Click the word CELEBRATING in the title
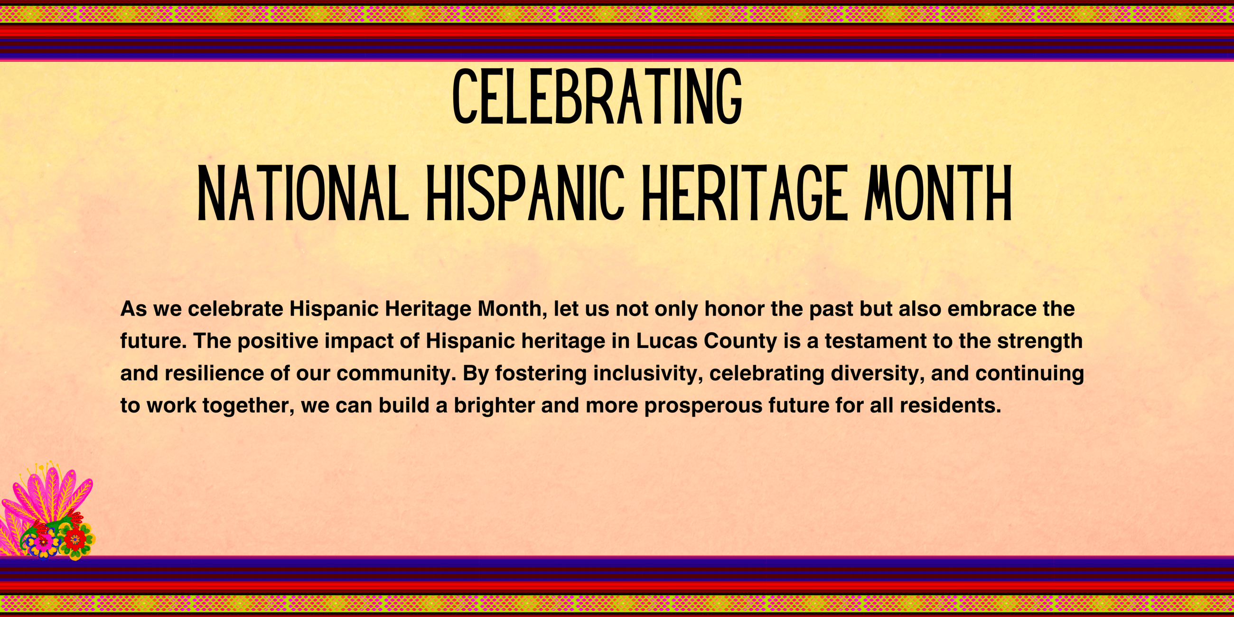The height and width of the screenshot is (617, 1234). [597, 96]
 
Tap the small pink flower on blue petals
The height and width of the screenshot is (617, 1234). [43, 542]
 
